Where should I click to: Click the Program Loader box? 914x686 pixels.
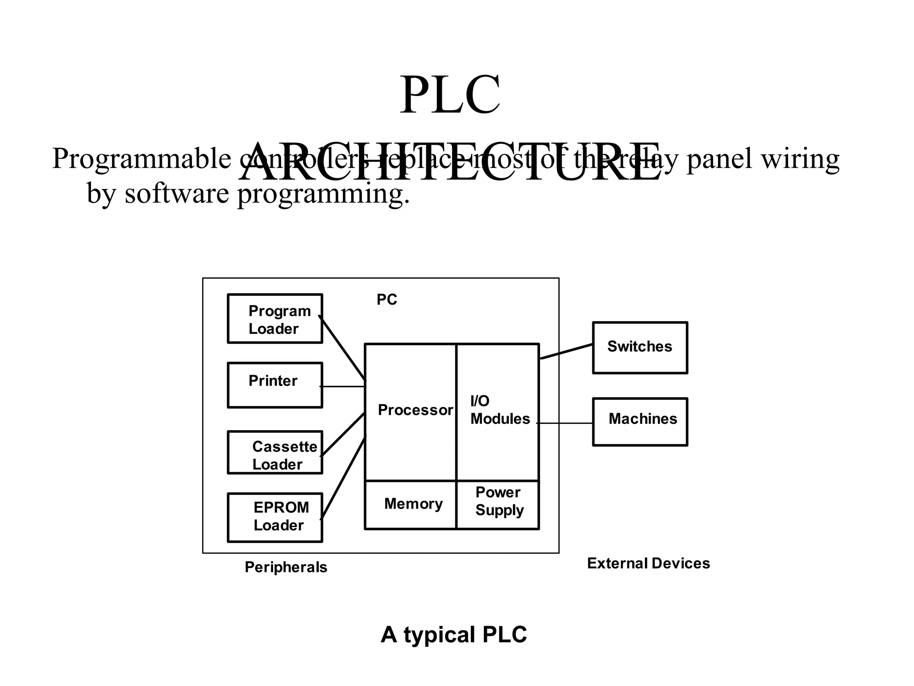[275, 319]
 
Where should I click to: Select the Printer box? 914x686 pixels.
[275, 385]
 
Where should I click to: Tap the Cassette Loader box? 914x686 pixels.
[275, 452]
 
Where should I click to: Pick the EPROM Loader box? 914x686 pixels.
[275, 518]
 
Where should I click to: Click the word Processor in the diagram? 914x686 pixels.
[415, 410]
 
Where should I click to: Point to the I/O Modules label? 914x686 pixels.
[500, 410]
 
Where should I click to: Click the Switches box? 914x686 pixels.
[640, 347]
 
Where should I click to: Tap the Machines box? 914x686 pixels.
[640, 422]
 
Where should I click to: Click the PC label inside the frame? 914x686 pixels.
[386, 300]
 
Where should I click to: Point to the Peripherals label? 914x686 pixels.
[286, 567]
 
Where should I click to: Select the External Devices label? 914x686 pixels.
[648, 564]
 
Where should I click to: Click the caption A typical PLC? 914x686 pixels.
[453, 635]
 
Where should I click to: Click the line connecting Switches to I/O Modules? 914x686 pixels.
[566, 351]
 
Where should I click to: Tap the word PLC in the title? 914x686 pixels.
[449, 96]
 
